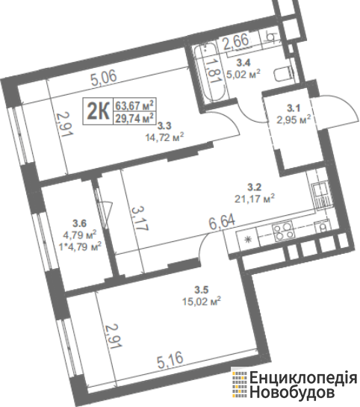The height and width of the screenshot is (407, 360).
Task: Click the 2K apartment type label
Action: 98,111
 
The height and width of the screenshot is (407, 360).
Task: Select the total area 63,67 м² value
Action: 134,105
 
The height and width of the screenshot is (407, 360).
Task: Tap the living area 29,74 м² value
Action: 134,118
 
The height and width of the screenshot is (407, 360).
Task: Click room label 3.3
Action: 164,126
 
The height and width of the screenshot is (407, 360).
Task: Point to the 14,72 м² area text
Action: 165,137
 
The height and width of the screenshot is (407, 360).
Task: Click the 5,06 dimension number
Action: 104,77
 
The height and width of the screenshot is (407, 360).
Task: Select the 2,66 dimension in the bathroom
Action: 236,41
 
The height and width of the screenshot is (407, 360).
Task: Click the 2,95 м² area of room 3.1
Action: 294,120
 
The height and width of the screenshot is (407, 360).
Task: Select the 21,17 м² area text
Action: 255,199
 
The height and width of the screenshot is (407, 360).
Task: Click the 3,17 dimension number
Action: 140,219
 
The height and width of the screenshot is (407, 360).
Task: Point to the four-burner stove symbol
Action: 283,231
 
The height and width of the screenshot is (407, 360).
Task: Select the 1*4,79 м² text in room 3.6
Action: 80,246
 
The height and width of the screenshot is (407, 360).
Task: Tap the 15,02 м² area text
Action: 202,302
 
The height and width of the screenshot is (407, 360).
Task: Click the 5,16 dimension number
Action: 170,359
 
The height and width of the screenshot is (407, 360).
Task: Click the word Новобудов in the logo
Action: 292,391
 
